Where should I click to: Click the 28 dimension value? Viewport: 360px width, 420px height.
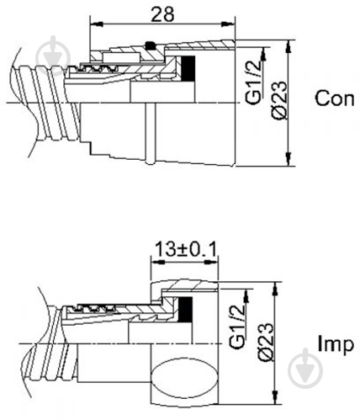click(x=162, y=14)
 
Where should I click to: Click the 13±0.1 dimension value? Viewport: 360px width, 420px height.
click(x=186, y=249)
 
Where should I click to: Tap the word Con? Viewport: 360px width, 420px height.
click(x=335, y=98)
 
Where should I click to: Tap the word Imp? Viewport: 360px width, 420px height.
click(x=336, y=344)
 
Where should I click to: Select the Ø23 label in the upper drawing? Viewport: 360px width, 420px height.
click(x=280, y=100)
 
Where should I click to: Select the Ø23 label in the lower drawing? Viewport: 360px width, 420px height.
click(x=266, y=342)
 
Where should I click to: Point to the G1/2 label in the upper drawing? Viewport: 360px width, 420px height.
click(x=253, y=82)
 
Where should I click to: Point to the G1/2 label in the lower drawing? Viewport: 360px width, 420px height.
click(x=237, y=327)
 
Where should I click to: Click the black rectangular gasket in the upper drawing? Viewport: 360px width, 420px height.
click(x=188, y=67)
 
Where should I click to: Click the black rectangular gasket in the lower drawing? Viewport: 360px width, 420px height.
click(x=186, y=310)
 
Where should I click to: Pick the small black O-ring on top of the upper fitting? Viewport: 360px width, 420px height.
click(x=151, y=45)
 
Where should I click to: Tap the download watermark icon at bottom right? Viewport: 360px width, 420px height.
click(x=305, y=369)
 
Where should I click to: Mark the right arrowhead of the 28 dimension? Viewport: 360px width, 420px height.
click(x=229, y=24)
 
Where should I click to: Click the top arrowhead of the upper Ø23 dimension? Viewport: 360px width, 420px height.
click(x=289, y=46)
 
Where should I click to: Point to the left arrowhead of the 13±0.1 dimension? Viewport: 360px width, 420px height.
click(x=157, y=263)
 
